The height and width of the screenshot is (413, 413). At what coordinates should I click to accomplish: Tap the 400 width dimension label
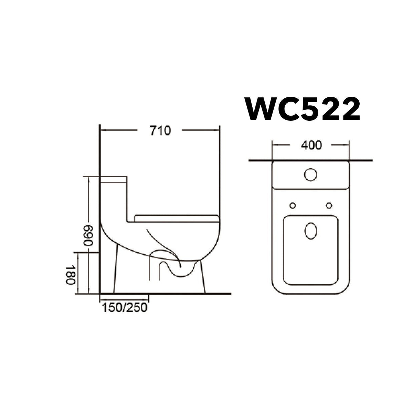(x=311, y=145)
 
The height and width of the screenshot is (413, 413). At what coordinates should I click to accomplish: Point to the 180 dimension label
(x=70, y=274)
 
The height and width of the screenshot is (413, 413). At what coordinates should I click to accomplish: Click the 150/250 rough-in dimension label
(x=124, y=308)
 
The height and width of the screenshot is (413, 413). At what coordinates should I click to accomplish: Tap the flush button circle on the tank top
(x=310, y=174)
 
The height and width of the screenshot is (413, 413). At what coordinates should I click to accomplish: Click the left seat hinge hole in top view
(x=293, y=205)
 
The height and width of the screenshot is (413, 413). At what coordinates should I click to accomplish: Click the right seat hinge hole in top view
(x=329, y=205)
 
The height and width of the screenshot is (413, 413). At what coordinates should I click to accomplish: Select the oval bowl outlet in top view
(x=311, y=231)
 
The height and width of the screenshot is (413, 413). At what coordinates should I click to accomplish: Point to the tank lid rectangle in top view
(x=311, y=176)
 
